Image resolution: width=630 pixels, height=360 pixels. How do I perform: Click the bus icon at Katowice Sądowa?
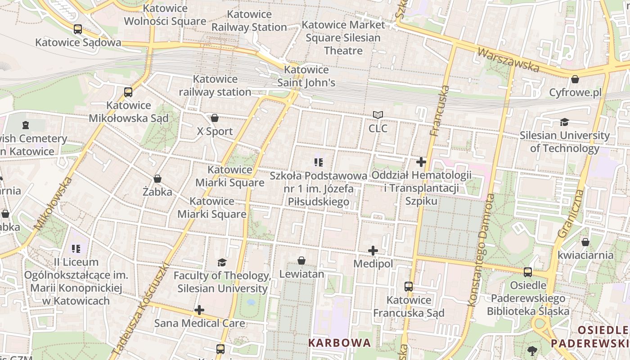coord(78,29)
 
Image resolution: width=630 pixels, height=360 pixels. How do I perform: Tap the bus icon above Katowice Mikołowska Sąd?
coord(128,92)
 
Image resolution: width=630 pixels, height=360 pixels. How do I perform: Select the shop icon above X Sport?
coord(215,118)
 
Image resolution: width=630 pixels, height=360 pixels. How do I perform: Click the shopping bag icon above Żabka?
coord(157,179)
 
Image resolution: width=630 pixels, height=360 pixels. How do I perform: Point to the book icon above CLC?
coord(378,115)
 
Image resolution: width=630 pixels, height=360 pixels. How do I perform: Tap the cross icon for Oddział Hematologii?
coord(421,162)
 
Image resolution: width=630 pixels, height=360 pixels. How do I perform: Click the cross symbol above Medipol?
coord(373,251)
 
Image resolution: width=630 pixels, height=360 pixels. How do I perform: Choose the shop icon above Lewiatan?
coord(301,261)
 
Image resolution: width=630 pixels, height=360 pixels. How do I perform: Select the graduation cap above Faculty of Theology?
coord(222,262)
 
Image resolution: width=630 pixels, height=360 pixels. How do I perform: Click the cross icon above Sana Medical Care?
coord(199,310)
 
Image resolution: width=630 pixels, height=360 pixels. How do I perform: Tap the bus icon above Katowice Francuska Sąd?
coord(409,287)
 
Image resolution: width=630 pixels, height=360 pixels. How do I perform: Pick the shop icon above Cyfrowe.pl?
coord(575,80)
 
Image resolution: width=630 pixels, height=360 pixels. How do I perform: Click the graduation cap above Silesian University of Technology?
coord(564,122)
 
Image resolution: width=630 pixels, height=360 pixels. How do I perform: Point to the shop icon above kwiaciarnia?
coord(585,243)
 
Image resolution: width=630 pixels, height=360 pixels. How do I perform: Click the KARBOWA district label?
coord(340,343)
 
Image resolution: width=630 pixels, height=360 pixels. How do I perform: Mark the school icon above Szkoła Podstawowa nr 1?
coord(319,162)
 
